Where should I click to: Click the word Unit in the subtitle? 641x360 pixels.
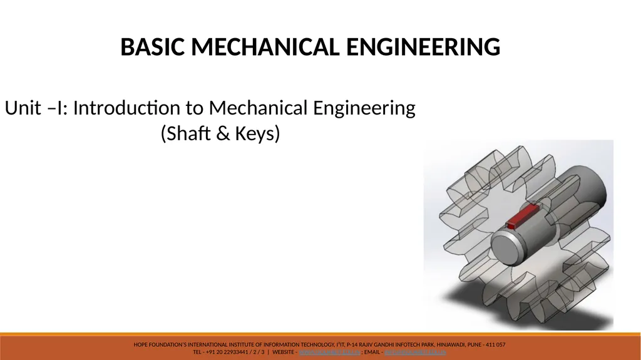[x=21, y=108]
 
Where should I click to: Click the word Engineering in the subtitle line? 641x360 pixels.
[x=364, y=109]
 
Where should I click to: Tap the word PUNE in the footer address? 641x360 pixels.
[x=470, y=345]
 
